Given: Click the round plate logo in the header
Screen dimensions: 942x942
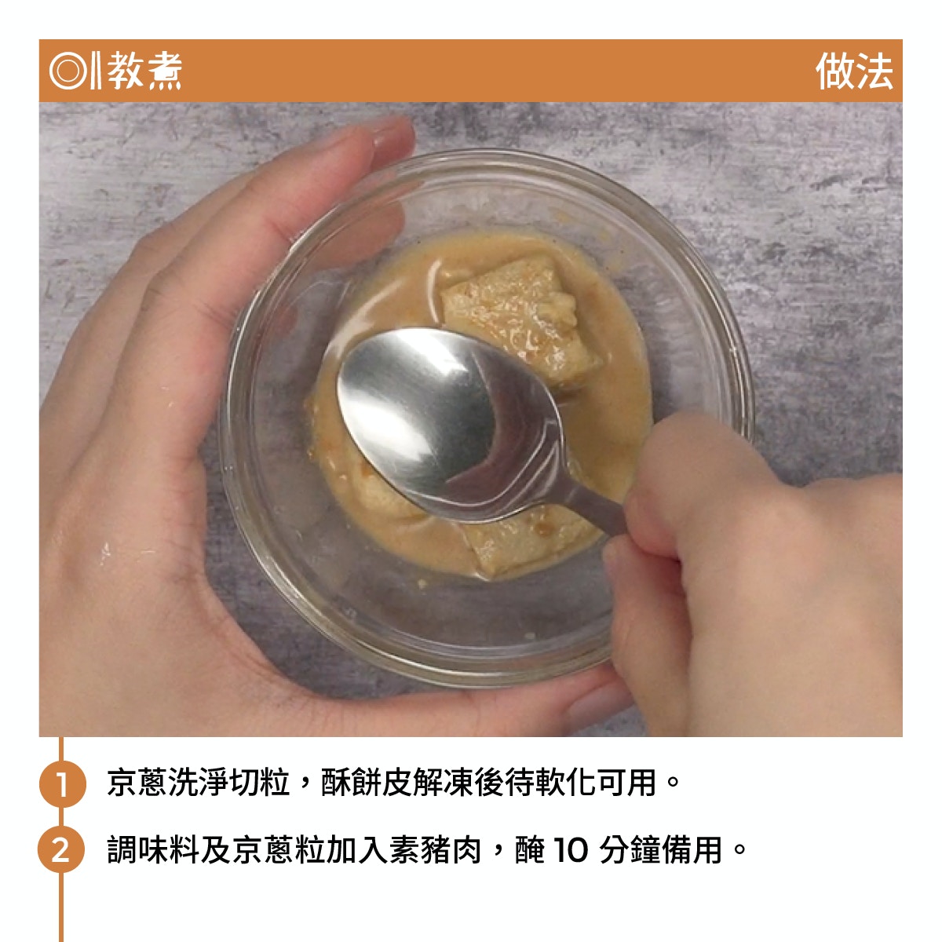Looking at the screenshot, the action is coord(68,71).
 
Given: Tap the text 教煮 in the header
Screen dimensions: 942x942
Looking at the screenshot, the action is coord(144,71).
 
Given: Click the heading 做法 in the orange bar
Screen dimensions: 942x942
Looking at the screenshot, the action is coord(854,71).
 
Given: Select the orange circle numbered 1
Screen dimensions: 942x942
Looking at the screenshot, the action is coord(62,784).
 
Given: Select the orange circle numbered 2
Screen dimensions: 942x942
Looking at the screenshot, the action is coord(61,850).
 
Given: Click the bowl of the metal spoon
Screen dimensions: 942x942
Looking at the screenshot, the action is coord(450,421).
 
